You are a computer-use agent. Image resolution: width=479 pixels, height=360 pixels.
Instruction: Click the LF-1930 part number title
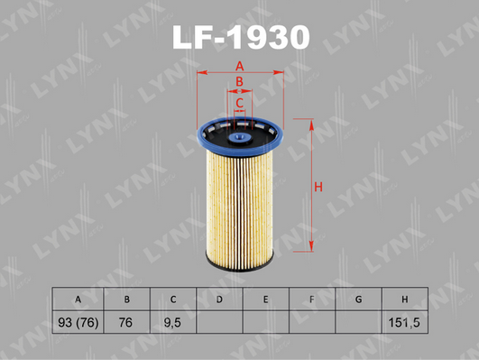[x=241, y=37]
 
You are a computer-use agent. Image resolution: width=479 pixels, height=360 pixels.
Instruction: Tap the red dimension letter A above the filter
[x=240, y=66]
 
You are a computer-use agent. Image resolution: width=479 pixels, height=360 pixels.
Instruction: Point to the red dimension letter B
[x=240, y=81]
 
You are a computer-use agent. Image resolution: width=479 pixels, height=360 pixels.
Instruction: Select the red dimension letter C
[x=240, y=103]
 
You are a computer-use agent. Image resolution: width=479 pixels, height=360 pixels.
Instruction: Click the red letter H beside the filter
[x=318, y=187]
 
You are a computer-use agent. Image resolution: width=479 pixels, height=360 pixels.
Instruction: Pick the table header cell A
[x=78, y=300]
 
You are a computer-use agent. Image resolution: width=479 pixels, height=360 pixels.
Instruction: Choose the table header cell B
[x=127, y=300]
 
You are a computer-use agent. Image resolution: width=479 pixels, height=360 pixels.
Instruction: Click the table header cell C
[x=173, y=300]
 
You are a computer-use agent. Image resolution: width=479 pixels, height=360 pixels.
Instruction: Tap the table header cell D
[x=219, y=300]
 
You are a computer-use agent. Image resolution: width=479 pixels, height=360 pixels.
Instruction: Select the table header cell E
[x=266, y=300]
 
